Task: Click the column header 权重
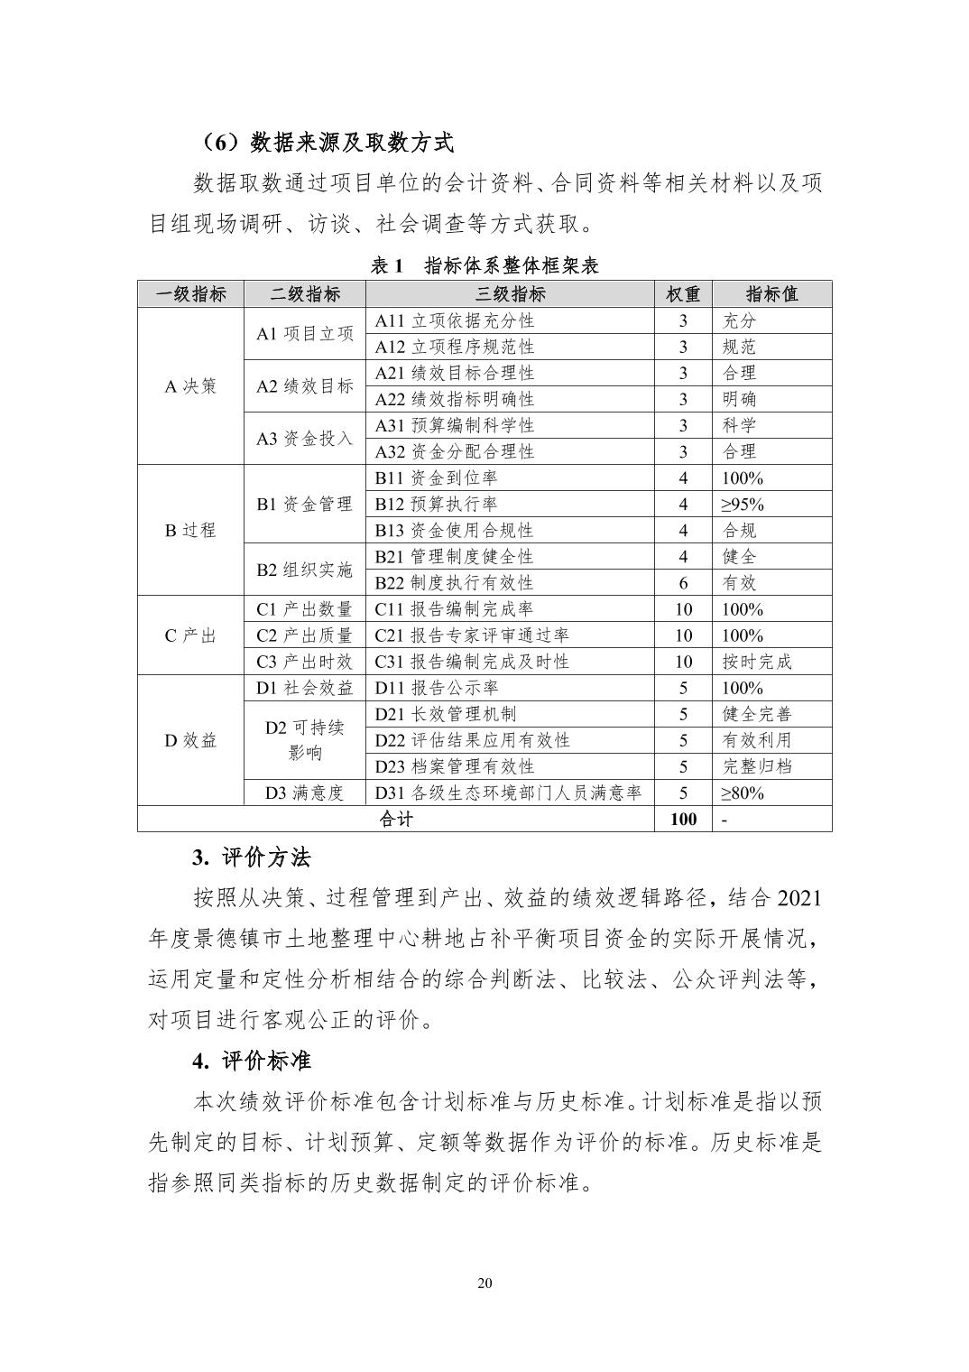click(683, 294)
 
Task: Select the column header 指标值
click(771, 294)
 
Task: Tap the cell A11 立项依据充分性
click(455, 320)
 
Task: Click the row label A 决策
click(190, 386)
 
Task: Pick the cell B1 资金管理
click(304, 504)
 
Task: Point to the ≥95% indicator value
click(742, 504)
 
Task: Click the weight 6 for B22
click(683, 583)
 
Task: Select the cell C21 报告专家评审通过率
click(472, 635)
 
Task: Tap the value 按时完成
click(756, 662)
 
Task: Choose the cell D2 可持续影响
click(304, 740)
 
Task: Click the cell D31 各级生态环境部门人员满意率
click(508, 793)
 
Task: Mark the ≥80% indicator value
click(742, 793)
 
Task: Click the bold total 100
click(683, 819)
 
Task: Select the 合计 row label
click(396, 819)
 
